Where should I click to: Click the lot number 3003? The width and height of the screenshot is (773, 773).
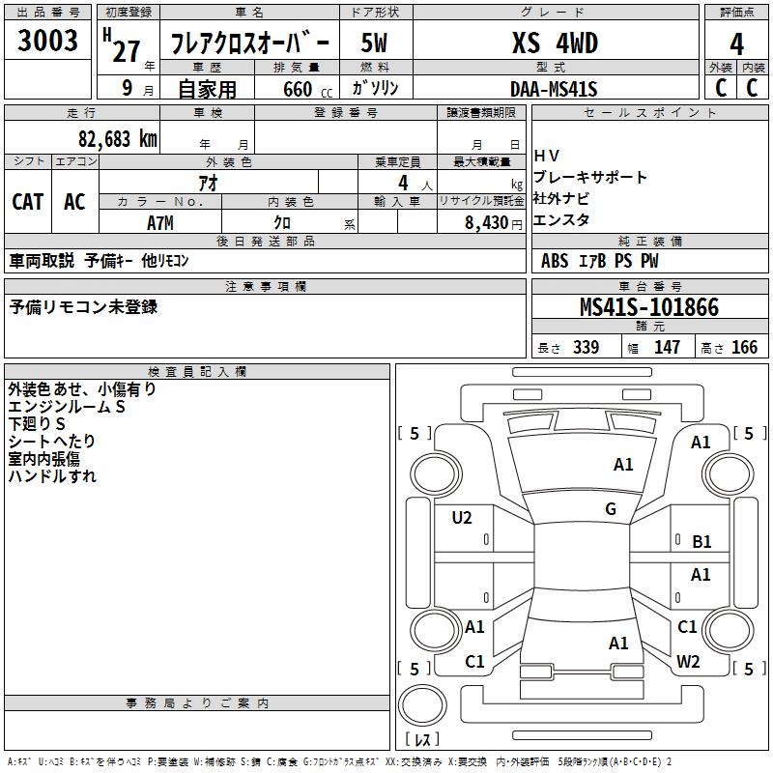pos(48,42)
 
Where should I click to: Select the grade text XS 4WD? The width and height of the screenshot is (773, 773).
pos(555,43)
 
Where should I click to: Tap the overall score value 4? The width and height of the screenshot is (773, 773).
pos(737,44)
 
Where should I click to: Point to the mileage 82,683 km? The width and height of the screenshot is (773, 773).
pos(117,138)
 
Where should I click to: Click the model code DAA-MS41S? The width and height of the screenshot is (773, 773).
pos(555,89)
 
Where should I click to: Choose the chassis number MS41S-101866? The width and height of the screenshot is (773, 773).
pos(649,307)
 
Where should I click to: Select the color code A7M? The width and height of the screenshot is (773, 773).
pos(160,222)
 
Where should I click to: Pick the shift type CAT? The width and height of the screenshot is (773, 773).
pos(27,202)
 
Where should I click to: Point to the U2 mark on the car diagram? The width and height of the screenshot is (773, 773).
pos(462,518)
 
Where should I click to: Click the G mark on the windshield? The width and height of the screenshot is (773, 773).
pos(611,509)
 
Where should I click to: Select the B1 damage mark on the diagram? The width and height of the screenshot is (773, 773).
pos(701,542)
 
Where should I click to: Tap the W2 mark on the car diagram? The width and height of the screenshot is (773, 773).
pos(688,662)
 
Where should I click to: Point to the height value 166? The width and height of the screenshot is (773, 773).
pos(744,348)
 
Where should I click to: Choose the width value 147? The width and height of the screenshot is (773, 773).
pos(667,348)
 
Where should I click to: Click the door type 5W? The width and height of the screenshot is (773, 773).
pos(376,43)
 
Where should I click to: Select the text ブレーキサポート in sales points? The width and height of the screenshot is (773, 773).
pos(590,178)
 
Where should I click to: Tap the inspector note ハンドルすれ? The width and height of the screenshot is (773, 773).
pos(52,476)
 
